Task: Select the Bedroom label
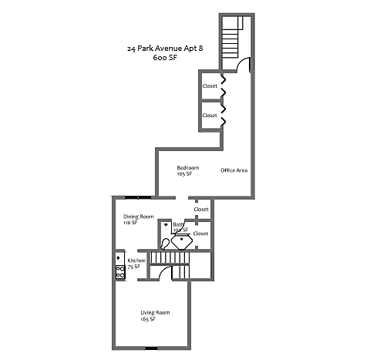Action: pyautogui.click(x=187, y=168)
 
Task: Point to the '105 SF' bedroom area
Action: pyautogui.click(x=184, y=174)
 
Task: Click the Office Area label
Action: pyautogui.click(x=234, y=170)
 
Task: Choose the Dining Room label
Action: pyautogui.click(x=139, y=217)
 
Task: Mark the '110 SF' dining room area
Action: pyautogui.click(x=130, y=223)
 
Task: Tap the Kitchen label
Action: pyautogui.click(x=136, y=261)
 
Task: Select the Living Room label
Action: pyautogui.click(x=155, y=312)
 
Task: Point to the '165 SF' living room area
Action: pyautogui.click(x=148, y=318)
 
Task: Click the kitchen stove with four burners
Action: pyautogui.click(x=120, y=271)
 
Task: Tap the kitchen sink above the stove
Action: pyautogui.click(x=119, y=257)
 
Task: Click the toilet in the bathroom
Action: pyautogui.click(x=166, y=227)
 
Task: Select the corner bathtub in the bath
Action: pyautogui.click(x=184, y=240)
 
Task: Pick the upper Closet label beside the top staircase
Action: pyautogui.click(x=210, y=86)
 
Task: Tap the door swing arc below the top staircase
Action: pyautogui.click(x=243, y=68)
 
